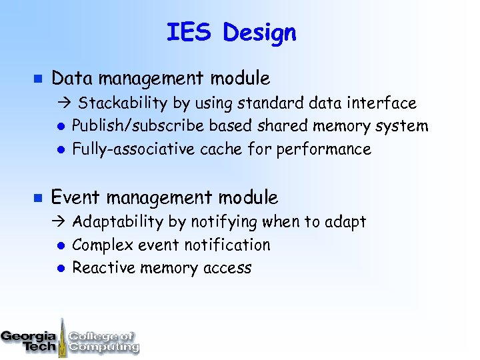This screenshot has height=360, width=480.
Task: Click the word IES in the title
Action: pyautogui.click(x=189, y=32)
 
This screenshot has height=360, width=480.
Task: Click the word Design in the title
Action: pyautogui.click(x=260, y=33)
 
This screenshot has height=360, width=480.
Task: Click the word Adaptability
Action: pyautogui.click(x=117, y=222)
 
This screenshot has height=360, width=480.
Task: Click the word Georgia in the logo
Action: pyautogui.click(x=28, y=337)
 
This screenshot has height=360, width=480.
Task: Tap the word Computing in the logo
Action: pyautogui.click(x=104, y=347)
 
